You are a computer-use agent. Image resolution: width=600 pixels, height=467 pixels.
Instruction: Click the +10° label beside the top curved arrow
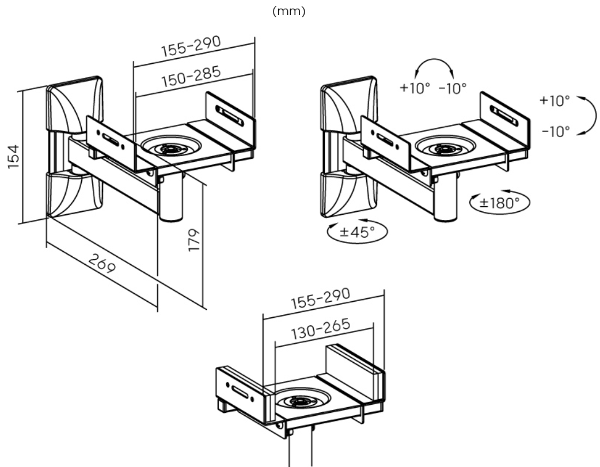pos(415,88)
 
